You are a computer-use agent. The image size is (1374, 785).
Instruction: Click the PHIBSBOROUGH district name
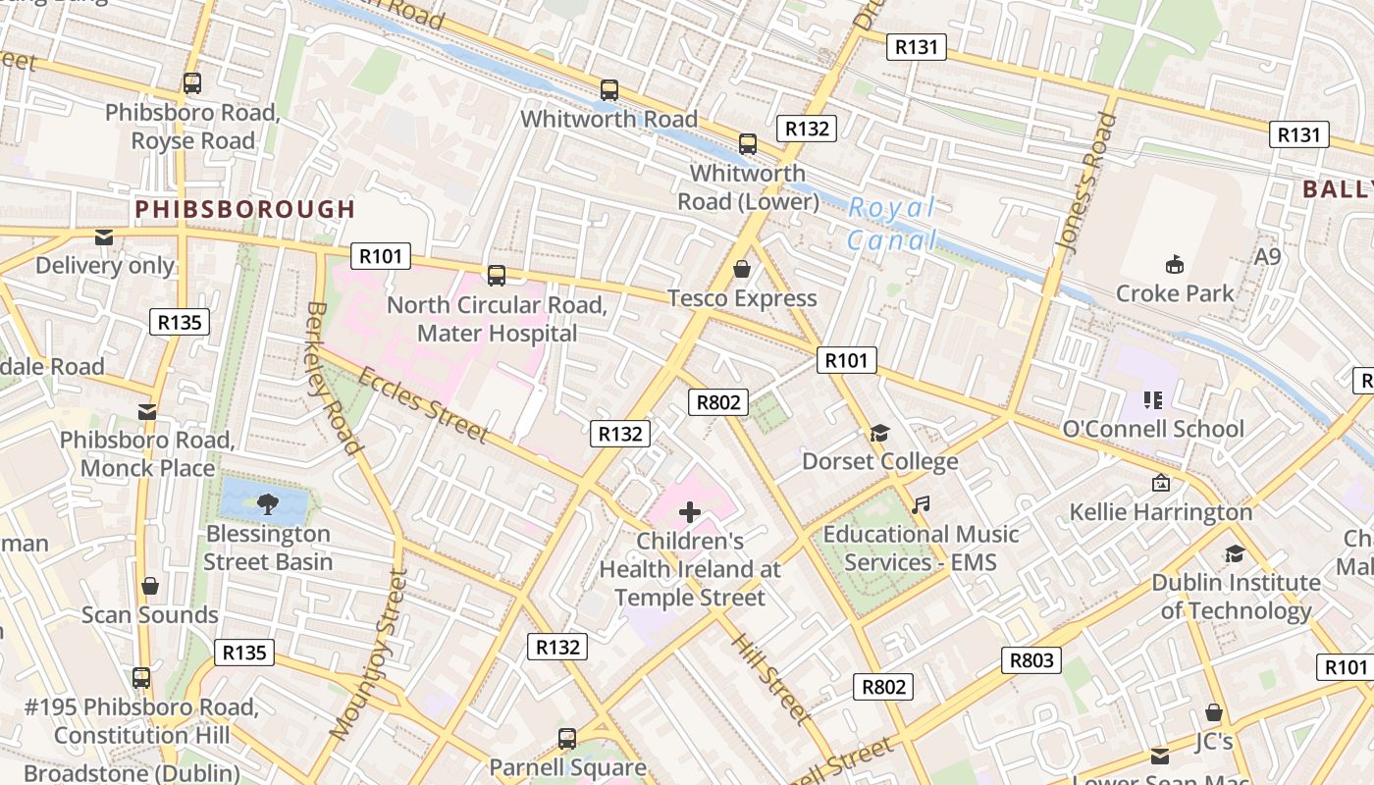click(244, 209)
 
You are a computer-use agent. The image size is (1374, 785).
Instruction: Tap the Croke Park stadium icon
click(1174, 264)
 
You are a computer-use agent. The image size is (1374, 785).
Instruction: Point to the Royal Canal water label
click(891, 224)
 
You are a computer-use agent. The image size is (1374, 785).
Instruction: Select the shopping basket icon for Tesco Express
click(742, 269)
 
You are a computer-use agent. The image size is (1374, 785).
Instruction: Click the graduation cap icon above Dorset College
click(878, 433)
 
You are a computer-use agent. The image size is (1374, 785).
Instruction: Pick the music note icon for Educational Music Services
click(920, 505)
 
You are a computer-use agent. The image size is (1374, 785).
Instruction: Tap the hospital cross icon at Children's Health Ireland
click(689, 511)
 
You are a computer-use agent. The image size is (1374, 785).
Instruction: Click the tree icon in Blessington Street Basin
click(266, 504)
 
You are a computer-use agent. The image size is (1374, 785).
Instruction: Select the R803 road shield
click(1031, 660)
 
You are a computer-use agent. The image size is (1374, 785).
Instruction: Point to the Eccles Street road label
click(422, 404)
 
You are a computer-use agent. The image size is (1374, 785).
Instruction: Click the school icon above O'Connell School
click(1152, 399)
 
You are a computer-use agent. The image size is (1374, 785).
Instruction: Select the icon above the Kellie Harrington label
click(1161, 483)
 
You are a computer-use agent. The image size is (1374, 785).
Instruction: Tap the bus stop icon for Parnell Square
click(566, 738)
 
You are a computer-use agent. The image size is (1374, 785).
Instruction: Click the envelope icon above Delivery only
click(104, 236)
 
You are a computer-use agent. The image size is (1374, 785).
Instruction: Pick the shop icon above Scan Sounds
click(149, 586)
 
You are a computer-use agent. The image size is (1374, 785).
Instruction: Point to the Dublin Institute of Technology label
click(1235, 596)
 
